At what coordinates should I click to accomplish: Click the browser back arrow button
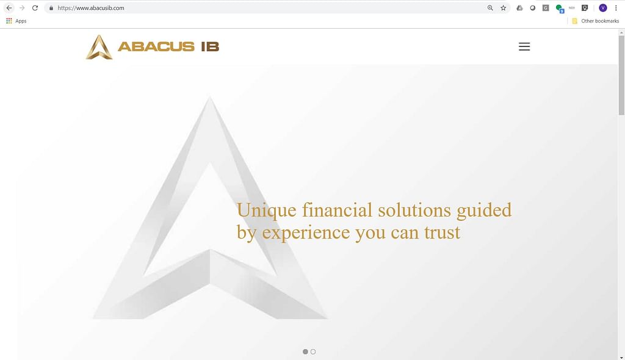pyautogui.click(x=9, y=8)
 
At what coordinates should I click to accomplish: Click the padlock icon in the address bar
pyautogui.click(x=51, y=8)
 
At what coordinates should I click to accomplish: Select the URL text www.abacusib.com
pyautogui.click(x=100, y=8)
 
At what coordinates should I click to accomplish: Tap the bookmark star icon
pyautogui.click(x=504, y=8)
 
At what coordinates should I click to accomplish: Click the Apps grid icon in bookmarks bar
pyautogui.click(x=9, y=21)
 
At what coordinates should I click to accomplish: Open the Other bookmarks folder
pyautogui.click(x=596, y=21)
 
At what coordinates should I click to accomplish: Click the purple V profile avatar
pyautogui.click(x=602, y=8)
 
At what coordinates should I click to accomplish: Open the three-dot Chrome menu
pyautogui.click(x=616, y=8)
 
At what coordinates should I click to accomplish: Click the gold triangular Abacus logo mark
pyautogui.click(x=99, y=47)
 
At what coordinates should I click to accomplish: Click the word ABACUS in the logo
pyautogui.click(x=156, y=46)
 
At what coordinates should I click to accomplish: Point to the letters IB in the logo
pyautogui.click(x=210, y=46)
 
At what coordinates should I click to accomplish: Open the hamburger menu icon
pyautogui.click(x=524, y=46)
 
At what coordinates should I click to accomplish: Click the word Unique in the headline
pyautogui.click(x=266, y=211)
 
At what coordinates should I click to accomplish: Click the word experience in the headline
pyautogui.click(x=306, y=233)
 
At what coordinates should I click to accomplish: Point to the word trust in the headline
pyautogui.click(x=442, y=232)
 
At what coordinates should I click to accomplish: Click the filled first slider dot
pyautogui.click(x=305, y=351)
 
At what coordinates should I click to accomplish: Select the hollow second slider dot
pyautogui.click(x=313, y=351)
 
